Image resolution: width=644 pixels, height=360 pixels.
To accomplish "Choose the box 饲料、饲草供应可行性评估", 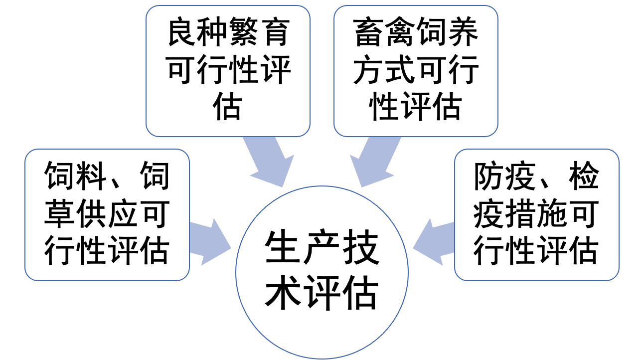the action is point(107,214).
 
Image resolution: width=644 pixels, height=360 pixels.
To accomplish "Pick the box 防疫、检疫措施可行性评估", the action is point(536,214).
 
